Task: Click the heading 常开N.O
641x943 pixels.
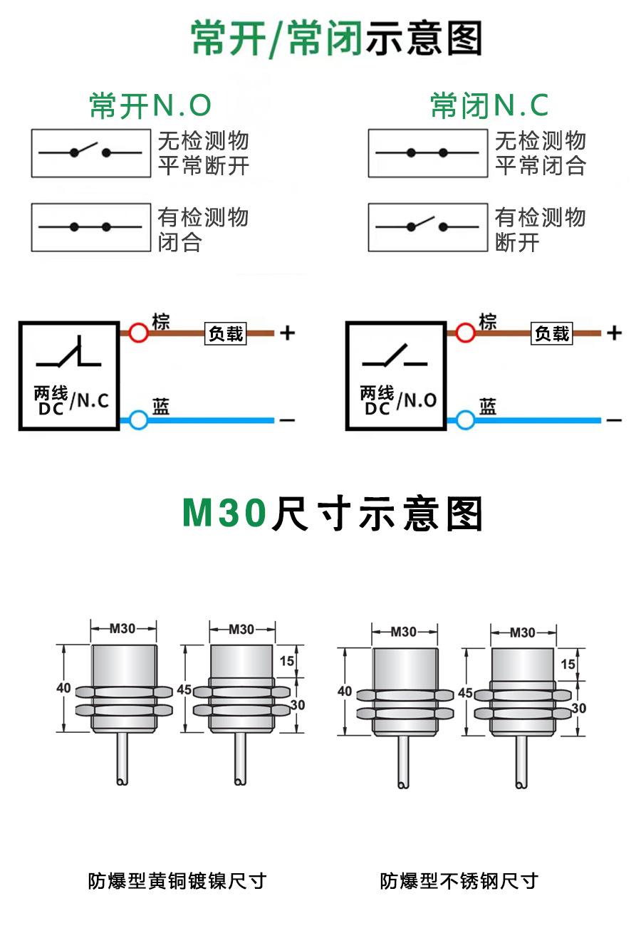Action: pos(150,105)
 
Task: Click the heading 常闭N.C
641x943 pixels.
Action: pos(489,105)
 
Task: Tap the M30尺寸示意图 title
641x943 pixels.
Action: pos(333,514)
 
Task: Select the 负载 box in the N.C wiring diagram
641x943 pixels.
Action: pos(226,333)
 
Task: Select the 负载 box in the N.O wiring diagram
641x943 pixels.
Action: pos(552,333)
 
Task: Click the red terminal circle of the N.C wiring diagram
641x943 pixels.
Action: pos(138,333)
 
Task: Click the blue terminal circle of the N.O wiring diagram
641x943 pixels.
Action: pos(465,420)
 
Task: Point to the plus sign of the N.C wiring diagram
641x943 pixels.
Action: pos(287,333)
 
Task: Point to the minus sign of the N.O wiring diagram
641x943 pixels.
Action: pos(614,420)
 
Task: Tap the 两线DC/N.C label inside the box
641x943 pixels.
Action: pos(71,400)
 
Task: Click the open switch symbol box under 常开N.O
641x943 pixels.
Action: pos(90,152)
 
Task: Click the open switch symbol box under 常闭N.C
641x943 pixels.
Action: pos(427,227)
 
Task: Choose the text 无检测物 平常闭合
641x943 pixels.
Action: pos(541,153)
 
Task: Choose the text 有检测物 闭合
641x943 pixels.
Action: pos(203,229)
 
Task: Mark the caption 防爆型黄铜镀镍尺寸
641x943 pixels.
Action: pos(177,881)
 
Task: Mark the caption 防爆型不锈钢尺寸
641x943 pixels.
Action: pos(459,881)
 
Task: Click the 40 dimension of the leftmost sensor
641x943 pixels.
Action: pos(63,689)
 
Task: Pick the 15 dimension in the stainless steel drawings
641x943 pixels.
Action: pos(568,664)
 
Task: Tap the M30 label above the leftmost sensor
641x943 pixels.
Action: pos(123,628)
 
